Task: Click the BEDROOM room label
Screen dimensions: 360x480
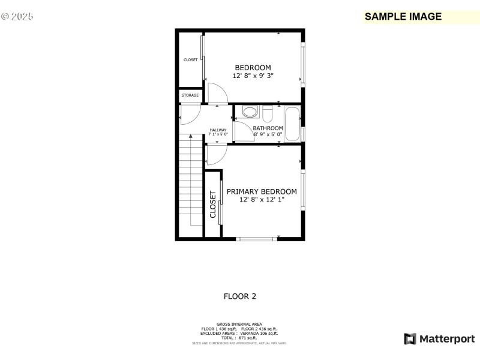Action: pos(253,68)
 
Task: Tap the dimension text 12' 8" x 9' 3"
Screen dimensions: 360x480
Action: pos(253,76)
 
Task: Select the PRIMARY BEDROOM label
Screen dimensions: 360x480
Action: pos(262,191)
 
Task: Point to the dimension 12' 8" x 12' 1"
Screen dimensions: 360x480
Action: pos(262,200)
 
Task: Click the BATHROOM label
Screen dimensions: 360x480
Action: pos(268,128)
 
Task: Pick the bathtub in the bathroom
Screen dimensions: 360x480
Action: pos(292,123)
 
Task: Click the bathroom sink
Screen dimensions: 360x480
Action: pos(250,112)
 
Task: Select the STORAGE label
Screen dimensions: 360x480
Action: pos(190,95)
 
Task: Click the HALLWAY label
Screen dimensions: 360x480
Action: pos(218,130)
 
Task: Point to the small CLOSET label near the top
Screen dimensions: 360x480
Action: pos(190,60)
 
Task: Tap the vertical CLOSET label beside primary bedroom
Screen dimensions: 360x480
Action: pos(213,205)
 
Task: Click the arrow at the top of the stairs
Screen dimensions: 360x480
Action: pos(191,137)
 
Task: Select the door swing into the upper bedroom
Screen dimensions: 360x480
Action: pos(217,93)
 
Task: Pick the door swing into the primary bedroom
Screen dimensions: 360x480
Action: pos(215,154)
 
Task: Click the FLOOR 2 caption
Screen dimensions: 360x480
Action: pos(240,296)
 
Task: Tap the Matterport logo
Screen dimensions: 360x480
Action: pos(439,339)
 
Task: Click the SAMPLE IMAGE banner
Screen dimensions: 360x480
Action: pos(403,17)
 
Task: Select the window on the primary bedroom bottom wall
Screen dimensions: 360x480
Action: pos(257,239)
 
